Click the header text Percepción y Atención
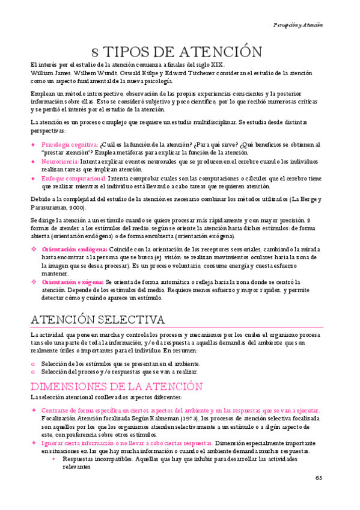[297, 25]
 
